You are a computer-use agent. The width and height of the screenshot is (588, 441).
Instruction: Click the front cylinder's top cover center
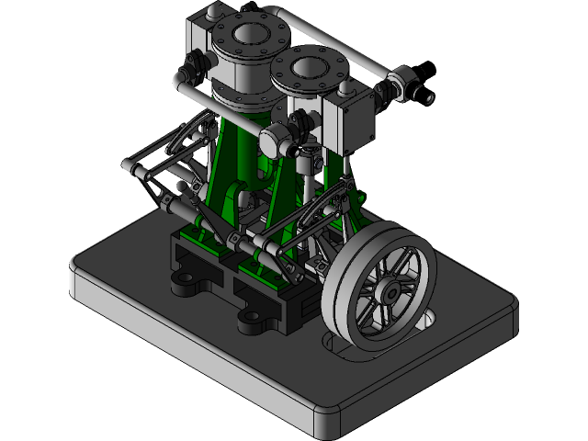click(309, 68)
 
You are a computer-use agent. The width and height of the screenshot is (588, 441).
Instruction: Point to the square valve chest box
click(345, 123)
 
